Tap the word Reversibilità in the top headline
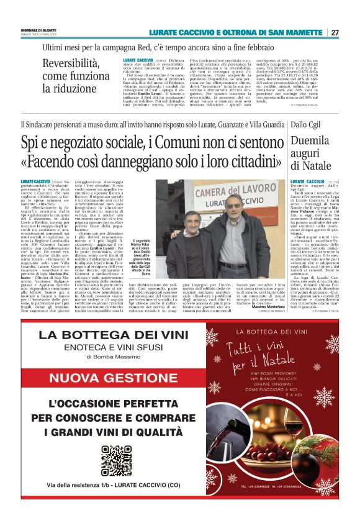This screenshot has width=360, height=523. pyautogui.click(x=70, y=63)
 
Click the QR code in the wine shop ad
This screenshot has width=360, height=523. pyautogui.click(x=116, y=460)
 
